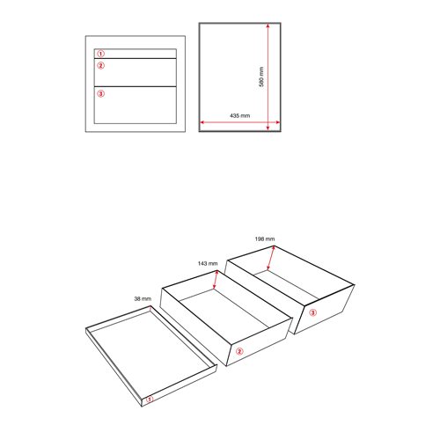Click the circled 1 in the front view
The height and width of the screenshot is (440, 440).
tap(100, 54)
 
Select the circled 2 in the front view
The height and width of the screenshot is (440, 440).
tap(100, 65)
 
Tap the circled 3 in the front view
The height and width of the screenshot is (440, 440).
tap(100, 93)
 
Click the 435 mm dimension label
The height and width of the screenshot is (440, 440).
tap(240, 115)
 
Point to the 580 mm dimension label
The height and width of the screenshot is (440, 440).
tap(261, 77)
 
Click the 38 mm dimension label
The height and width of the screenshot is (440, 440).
tap(143, 298)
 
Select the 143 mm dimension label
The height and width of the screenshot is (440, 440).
tap(208, 263)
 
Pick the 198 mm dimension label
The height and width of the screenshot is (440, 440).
tap(265, 238)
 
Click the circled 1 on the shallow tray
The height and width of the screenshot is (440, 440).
tap(150, 399)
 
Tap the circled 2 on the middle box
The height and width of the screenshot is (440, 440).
tap(239, 351)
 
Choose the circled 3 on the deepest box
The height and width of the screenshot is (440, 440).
tap(312, 312)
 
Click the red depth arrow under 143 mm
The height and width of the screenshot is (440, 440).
tap(216, 280)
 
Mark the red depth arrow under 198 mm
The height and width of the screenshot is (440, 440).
tap(271, 258)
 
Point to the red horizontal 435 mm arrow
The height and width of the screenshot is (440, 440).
tap(239, 122)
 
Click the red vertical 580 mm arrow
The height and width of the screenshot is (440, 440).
tap(268, 77)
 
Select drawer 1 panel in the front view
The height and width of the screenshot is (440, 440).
tap(136, 54)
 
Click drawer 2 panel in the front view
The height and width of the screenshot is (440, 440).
tap(136, 72)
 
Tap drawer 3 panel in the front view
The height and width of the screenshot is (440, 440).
tap(136, 105)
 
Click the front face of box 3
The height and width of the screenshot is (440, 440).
tap(324, 310)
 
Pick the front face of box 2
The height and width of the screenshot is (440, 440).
tap(260, 341)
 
